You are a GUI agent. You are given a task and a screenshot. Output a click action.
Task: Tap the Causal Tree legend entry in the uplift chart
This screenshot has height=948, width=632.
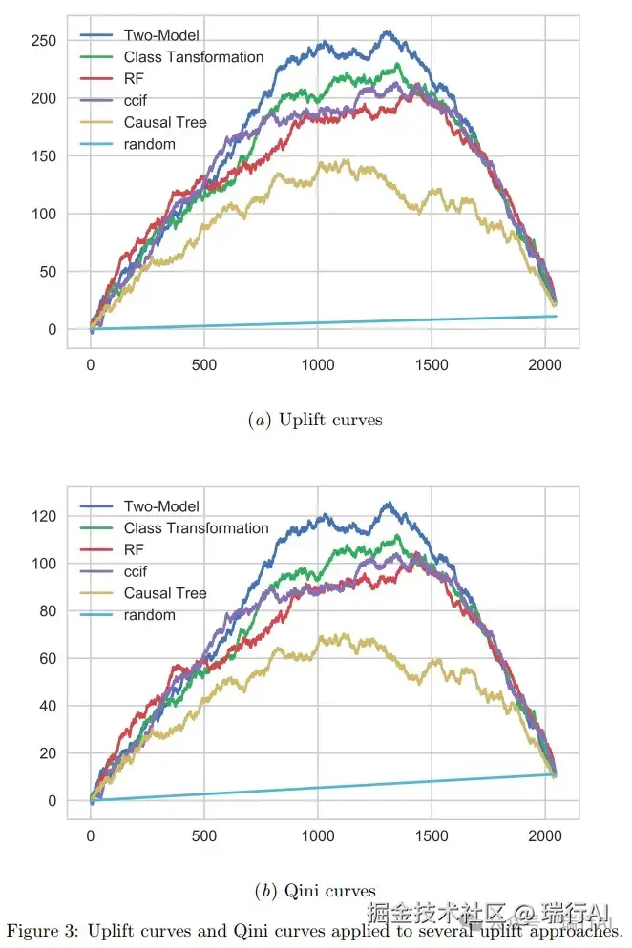pos(164,122)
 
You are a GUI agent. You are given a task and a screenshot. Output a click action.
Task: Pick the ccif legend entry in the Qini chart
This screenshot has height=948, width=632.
pos(136,571)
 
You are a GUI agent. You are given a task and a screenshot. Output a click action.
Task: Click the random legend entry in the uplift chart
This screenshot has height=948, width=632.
pos(149,144)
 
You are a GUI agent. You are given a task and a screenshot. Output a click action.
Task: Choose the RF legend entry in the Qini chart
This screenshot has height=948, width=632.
pos(134,550)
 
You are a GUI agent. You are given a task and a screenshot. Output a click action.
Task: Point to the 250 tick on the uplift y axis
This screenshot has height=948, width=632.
pos(42,41)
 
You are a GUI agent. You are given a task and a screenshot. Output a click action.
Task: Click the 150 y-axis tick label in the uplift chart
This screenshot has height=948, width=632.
pos(42,156)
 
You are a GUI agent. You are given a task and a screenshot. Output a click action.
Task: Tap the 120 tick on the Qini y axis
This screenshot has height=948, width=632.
pos(42,517)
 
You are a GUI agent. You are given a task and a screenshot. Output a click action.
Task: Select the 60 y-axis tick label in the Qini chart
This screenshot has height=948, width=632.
pos(47,659)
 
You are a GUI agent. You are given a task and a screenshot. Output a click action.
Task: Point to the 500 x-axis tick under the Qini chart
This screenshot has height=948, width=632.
pos(203,836)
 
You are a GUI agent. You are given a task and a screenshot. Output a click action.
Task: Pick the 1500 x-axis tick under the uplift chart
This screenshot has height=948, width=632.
pos(431,365)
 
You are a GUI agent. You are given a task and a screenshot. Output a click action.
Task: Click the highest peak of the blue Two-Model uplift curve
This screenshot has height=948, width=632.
pos(387,31)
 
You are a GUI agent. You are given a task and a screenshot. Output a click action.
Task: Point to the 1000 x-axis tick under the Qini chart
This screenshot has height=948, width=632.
pos(317,836)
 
